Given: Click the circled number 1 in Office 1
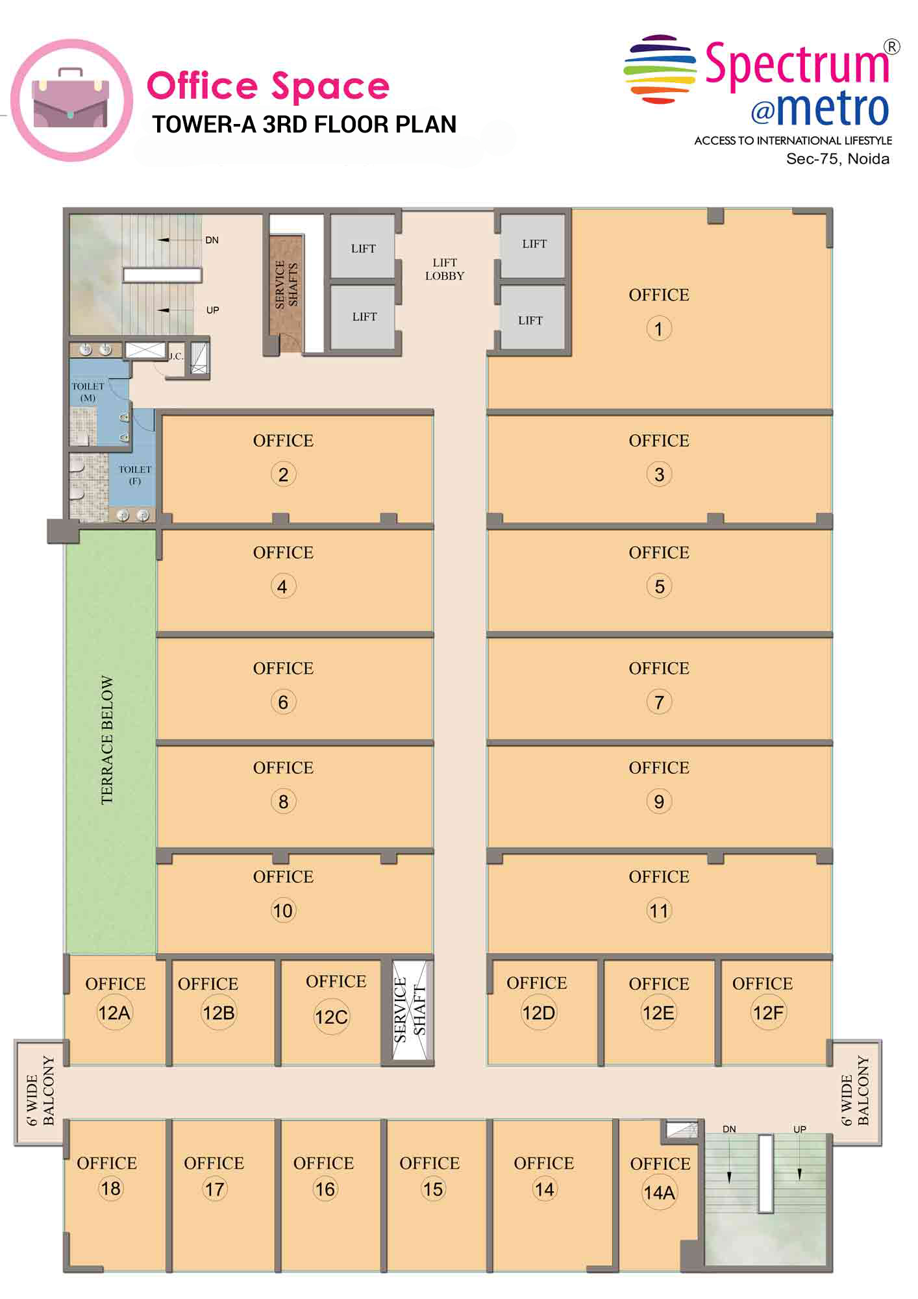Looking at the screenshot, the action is [658, 328].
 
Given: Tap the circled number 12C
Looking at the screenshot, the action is [331, 1017].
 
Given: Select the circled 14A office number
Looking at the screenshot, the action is [659, 1193].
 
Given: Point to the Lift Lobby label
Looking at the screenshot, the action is [445, 269].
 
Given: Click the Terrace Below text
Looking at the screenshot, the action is [107, 740].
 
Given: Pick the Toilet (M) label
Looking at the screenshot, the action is [88, 391].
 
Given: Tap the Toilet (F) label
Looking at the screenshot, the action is [134, 475].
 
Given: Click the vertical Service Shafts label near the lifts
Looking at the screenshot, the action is [286, 284].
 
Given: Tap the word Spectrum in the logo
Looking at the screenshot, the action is [797, 65].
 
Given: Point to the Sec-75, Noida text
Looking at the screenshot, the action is [837, 159].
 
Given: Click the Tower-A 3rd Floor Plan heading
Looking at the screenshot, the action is [304, 124].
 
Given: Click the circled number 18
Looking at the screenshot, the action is [110, 1189].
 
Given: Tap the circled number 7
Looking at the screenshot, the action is [659, 702].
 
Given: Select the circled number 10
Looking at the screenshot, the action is [282, 911].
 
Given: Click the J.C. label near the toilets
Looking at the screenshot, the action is [176, 356].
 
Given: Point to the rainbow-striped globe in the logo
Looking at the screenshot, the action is [660, 69].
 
